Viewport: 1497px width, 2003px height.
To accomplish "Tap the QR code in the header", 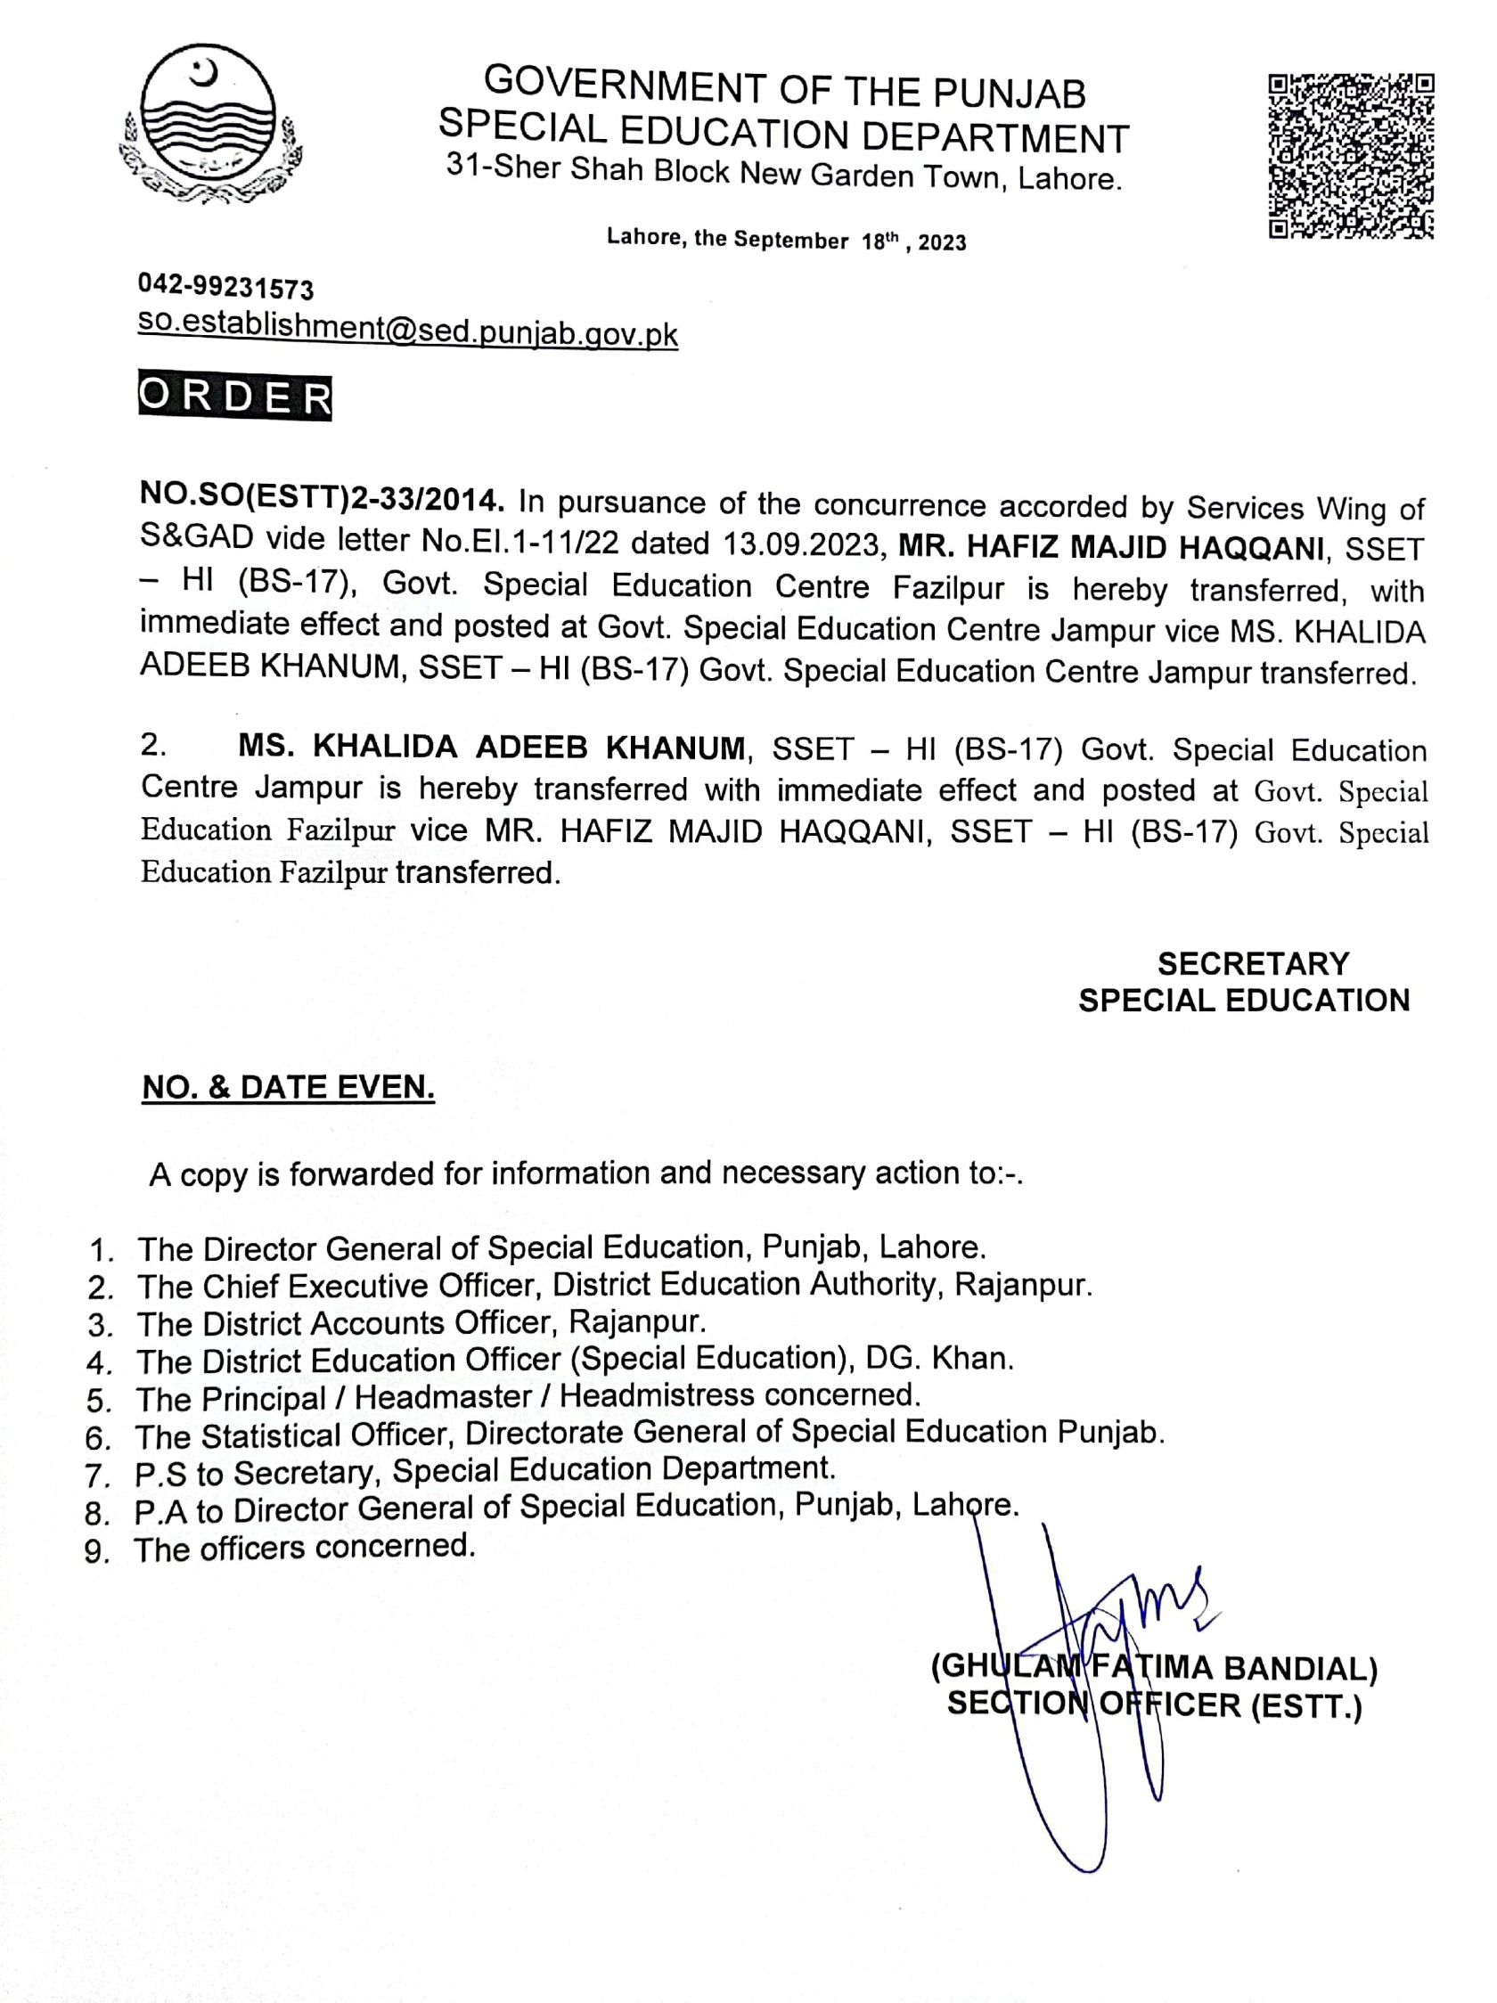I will tap(1350, 155).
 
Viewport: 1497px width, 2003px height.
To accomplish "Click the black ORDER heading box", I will tap(234, 397).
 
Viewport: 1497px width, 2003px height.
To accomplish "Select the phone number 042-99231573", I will tap(225, 288).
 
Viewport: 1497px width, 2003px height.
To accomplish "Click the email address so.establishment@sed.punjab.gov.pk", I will tap(407, 330).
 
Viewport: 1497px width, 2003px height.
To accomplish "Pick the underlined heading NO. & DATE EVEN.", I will tap(288, 1088).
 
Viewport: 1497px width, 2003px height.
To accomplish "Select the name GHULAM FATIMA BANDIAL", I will tap(1154, 1667).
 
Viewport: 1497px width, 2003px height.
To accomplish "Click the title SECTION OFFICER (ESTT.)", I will tap(1154, 1706).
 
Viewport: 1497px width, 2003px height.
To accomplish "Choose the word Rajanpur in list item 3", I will tap(635, 1321).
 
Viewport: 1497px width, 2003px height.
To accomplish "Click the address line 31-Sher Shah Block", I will tap(784, 172).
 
